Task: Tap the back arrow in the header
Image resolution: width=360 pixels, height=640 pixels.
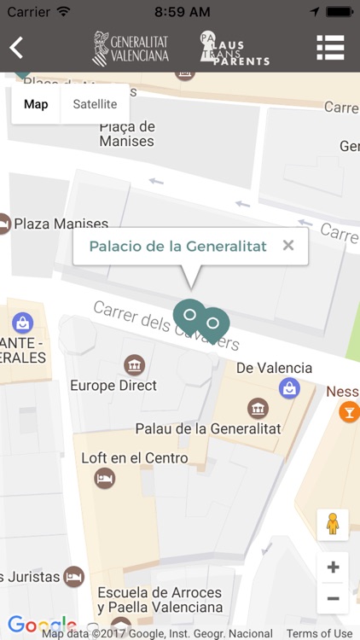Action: [x=16, y=48]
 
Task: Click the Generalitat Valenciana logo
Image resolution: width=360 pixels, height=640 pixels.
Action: [x=131, y=49]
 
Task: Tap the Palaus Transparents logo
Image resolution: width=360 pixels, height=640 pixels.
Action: [x=234, y=49]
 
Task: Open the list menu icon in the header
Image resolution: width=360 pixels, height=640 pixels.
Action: [x=330, y=48]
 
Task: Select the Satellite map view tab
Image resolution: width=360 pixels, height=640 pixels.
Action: [x=95, y=104]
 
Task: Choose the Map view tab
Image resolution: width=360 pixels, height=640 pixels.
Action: [x=36, y=104]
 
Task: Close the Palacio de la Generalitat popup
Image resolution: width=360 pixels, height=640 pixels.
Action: [x=288, y=246]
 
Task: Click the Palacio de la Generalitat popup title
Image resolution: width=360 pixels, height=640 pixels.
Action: [x=177, y=247]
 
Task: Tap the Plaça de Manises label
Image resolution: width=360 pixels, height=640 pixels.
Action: [x=127, y=134]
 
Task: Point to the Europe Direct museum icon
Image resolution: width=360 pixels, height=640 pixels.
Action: [x=134, y=365]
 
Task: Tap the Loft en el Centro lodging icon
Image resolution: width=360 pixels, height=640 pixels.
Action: [x=105, y=479]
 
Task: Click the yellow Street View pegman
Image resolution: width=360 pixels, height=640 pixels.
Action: [x=333, y=524]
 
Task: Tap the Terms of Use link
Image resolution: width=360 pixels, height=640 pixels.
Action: [x=319, y=633]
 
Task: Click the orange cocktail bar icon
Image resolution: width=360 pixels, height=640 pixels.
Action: [x=349, y=413]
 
